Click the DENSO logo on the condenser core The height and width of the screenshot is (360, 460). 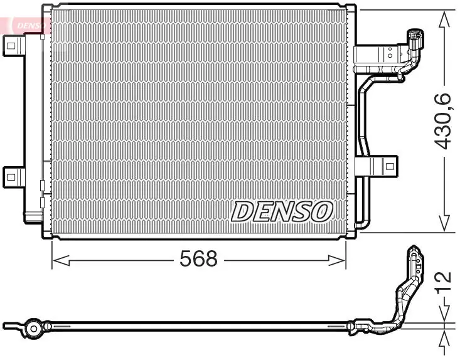click(x=282, y=212)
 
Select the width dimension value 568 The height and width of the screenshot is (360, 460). click(x=198, y=258)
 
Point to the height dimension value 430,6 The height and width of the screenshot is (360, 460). click(x=444, y=120)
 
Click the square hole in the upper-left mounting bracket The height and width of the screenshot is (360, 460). click(x=11, y=43)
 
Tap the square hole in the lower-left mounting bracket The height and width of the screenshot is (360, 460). click(x=11, y=177)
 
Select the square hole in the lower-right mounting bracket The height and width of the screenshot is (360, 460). click(x=390, y=167)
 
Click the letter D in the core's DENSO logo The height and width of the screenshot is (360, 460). click(x=243, y=212)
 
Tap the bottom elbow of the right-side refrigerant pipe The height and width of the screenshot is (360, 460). click(x=361, y=223)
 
